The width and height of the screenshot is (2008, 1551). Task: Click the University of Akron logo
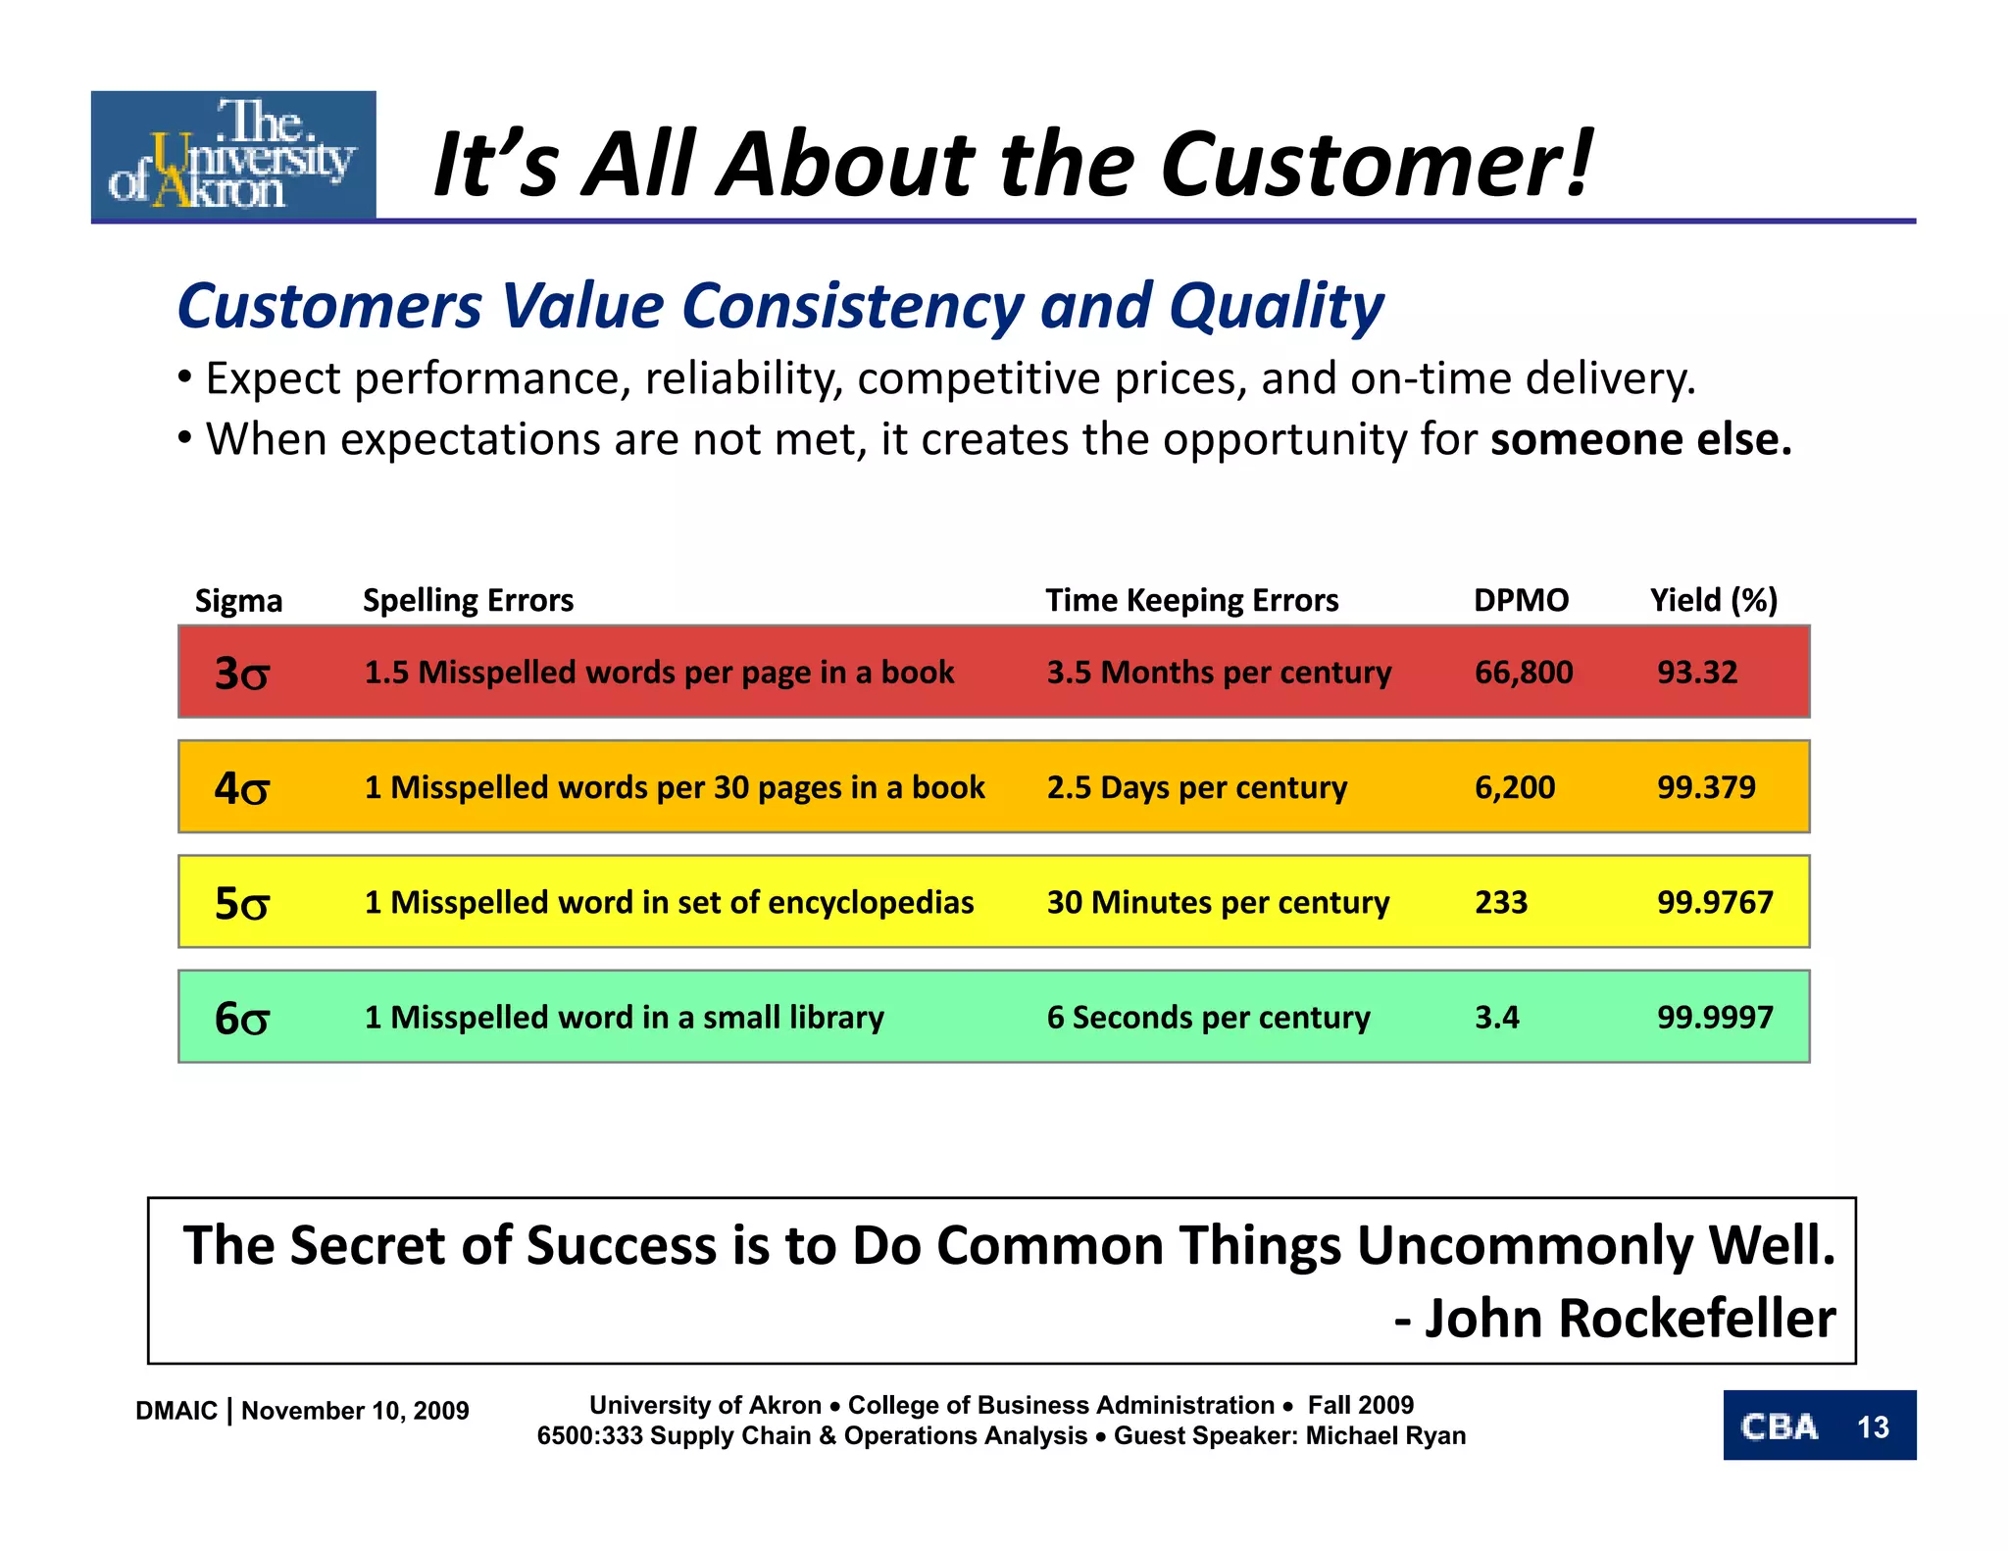pyautogui.click(x=233, y=155)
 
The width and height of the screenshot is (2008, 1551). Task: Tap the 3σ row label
pyautogui.click(x=241, y=674)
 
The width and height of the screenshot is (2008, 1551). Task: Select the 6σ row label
pyautogui.click(x=241, y=1018)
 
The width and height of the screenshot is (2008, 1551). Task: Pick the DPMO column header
pyautogui.click(x=1521, y=600)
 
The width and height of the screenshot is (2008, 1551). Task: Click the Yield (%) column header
pyautogui.click(x=1713, y=600)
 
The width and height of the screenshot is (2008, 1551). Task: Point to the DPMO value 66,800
pyautogui.click(x=1523, y=673)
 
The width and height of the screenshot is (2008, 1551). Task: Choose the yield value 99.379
pyautogui.click(x=1706, y=787)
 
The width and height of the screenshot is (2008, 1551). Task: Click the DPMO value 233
pyautogui.click(x=1500, y=902)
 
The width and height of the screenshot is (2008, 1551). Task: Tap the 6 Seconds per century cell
pyautogui.click(x=1208, y=1018)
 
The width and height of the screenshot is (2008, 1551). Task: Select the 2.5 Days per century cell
pyautogui.click(x=1196, y=787)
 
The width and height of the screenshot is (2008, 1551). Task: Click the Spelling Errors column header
pyautogui.click(x=468, y=600)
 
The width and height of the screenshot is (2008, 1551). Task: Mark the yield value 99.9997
pyautogui.click(x=1715, y=1018)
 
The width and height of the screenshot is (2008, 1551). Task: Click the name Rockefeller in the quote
pyautogui.click(x=1696, y=1319)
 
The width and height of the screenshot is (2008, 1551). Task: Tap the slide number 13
pyautogui.click(x=1872, y=1427)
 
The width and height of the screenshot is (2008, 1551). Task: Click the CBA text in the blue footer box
pyautogui.click(x=1780, y=1427)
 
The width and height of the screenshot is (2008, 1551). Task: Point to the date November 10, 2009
pyautogui.click(x=355, y=1411)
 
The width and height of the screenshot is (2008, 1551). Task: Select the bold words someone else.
pyautogui.click(x=1640, y=439)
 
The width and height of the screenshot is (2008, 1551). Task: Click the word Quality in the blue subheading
pyautogui.click(x=1276, y=306)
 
